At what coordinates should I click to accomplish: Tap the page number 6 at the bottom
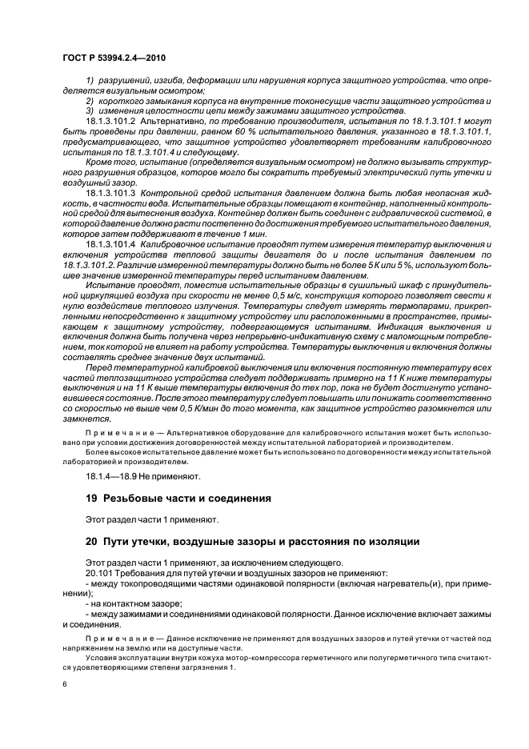[64, 683]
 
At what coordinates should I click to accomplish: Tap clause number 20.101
[100, 573]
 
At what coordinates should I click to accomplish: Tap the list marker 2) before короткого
[90, 101]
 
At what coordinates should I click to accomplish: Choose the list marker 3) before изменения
[90, 110]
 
